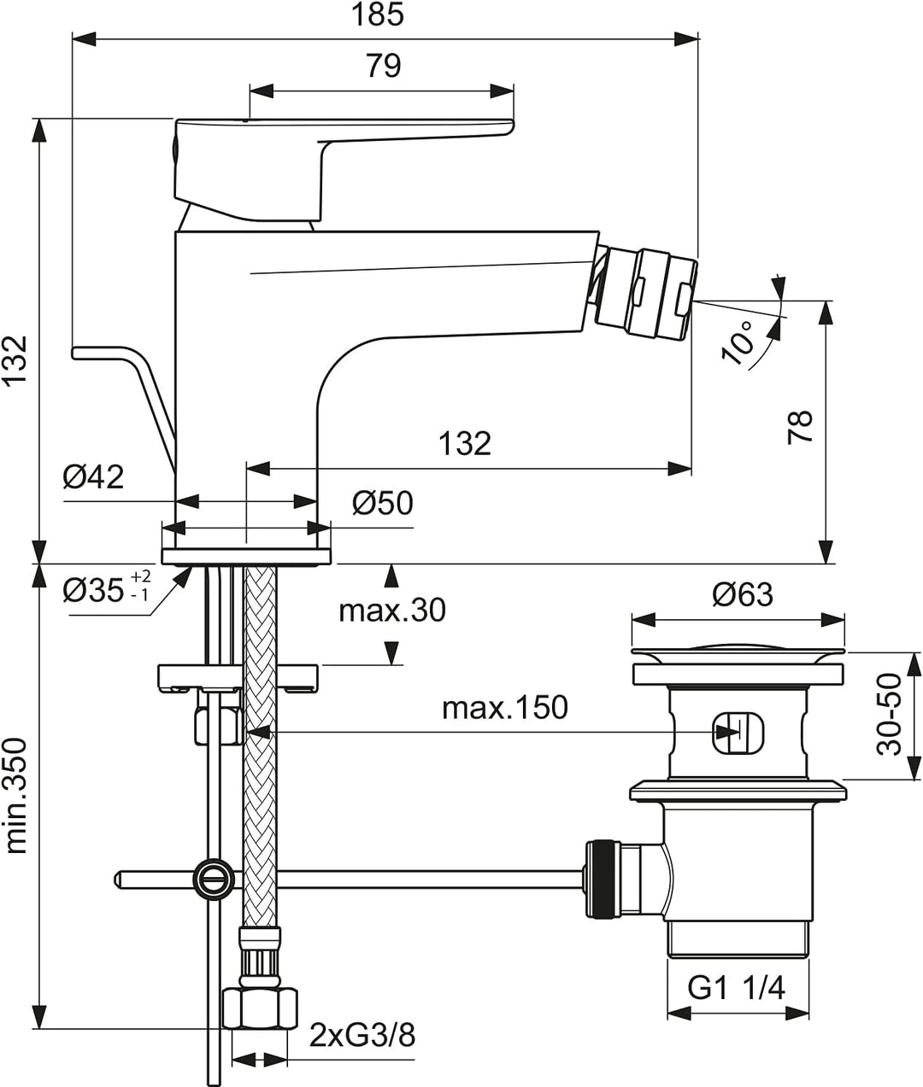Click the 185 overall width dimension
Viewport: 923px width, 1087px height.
(378, 15)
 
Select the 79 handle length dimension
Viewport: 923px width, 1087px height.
(384, 66)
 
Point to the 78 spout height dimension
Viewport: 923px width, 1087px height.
(800, 426)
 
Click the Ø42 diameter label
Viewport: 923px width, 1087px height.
(93, 476)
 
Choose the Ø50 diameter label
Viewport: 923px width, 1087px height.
(383, 503)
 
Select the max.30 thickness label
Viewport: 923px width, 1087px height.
(392, 611)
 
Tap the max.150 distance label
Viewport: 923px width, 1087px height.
(505, 708)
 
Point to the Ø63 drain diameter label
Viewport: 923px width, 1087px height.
(743, 594)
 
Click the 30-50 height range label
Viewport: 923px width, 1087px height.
(890, 714)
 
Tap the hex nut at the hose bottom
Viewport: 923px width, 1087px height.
(260, 1008)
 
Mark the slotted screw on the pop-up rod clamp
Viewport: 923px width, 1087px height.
(215, 875)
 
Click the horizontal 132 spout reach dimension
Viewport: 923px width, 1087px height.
(465, 443)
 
